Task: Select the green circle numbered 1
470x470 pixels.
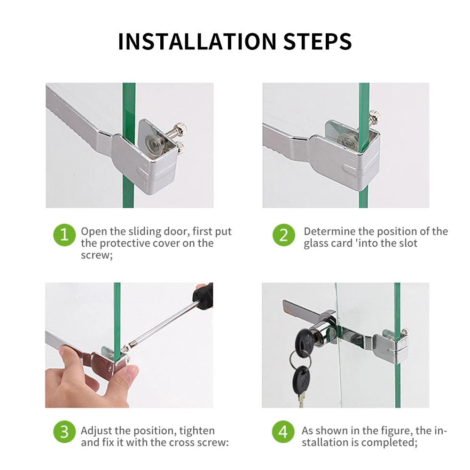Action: pyautogui.click(x=64, y=235)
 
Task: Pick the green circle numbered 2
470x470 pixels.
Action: pyautogui.click(x=284, y=235)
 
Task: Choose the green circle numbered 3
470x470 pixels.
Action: pyautogui.click(x=64, y=432)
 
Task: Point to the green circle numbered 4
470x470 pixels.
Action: pyautogui.click(x=283, y=432)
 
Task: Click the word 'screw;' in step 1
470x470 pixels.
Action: pyautogui.click(x=96, y=255)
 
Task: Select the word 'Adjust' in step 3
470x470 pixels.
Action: pyautogui.click(x=96, y=431)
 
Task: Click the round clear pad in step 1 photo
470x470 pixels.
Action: pyautogui.click(x=154, y=143)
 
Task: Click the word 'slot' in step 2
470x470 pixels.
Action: pyautogui.click(x=408, y=243)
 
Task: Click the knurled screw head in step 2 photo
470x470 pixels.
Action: pyautogui.click(x=375, y=115)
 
